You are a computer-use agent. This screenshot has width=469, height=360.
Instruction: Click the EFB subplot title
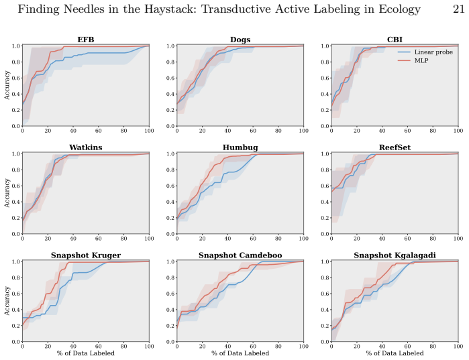click(x=86, y=40)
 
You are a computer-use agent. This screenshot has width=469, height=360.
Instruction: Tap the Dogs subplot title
click(x=240, y=40)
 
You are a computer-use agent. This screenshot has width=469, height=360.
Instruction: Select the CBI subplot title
click(x=395, y=40)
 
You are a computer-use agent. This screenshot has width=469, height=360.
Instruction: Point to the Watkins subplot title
click(x=86, y=147)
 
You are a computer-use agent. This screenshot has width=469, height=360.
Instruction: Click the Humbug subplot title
click(x=240, y=147)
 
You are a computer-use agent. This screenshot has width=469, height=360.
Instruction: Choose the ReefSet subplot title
click(x=395, y=147)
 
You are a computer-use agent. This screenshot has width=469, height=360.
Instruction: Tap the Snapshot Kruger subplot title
click(x=86, y=255)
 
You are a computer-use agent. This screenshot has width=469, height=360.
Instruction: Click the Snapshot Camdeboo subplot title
click(x=240, y=255)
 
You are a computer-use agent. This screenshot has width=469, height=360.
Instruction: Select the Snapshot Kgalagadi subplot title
click(x=395, y=255)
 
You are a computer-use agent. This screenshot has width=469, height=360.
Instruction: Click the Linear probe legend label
click(x=433, y=52)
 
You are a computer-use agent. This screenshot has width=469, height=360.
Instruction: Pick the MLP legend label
click(x=421, y=60)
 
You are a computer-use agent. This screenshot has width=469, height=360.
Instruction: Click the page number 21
click(x=458, y=9)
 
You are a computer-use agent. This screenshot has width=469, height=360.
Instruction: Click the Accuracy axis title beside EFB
click(x=7, y=85)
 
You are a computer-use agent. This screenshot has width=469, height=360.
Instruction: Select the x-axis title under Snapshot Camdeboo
click(x=240, y=353)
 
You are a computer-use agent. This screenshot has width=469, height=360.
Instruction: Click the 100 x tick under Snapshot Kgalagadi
click(x=458, y=347)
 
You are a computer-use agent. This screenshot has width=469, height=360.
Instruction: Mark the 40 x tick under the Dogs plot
click(x=227, y=131)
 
